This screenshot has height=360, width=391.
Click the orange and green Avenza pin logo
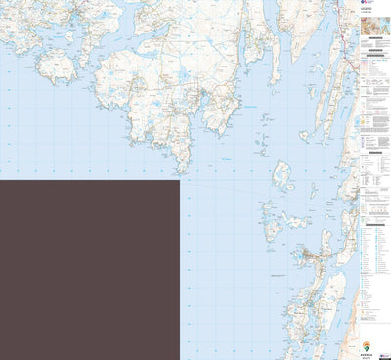point(367,345)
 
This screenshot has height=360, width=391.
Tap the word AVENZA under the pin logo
point(367,353)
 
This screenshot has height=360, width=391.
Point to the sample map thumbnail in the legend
point(374,40)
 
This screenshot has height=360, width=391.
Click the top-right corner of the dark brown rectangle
point(179,180)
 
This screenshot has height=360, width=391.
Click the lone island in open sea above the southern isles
point(282,177)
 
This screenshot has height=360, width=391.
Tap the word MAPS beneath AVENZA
point(367,357)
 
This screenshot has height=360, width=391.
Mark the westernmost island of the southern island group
point(270,231)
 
